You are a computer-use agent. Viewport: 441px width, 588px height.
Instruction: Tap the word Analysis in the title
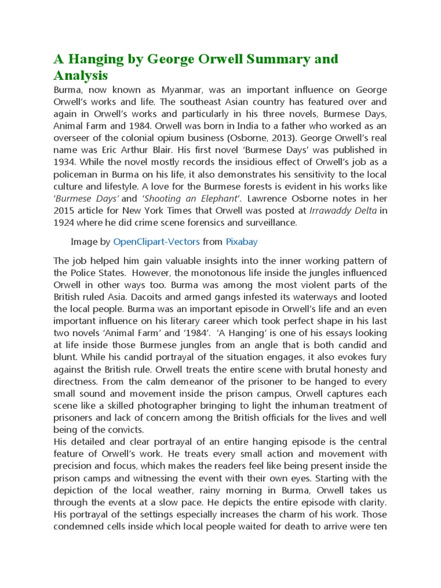point(80,75)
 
